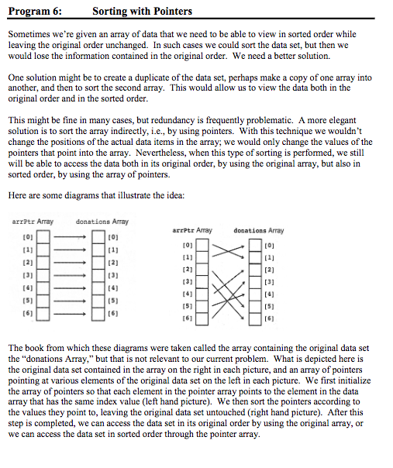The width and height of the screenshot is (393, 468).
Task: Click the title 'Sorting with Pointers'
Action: [x=142, y=12]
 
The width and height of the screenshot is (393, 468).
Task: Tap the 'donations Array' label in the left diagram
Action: [x=103, y=222]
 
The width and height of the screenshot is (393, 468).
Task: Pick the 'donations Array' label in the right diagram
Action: [x=258, y=230]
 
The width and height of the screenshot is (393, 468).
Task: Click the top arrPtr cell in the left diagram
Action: [x=43, y=235]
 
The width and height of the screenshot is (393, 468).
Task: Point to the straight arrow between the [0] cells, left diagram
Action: [x=71, y=235]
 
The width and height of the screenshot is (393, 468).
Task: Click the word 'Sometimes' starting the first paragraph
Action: [x=28, y=36]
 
